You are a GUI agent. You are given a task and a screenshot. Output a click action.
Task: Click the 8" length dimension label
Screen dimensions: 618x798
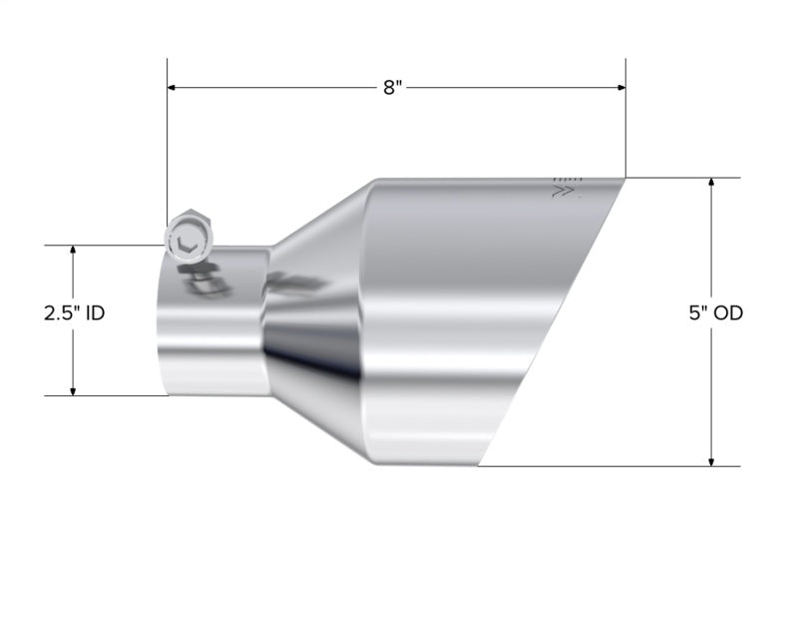click(x=392, y=88)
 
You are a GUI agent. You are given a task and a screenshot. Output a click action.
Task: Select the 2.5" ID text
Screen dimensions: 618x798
click(x=74, y=312)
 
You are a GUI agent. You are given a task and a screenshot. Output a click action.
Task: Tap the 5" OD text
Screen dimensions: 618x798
click(x=715, y=312)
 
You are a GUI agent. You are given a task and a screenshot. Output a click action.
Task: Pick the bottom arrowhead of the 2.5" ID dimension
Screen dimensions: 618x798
click(x=73, y=389)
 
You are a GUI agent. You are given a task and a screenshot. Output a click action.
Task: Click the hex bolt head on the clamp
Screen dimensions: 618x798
click(x=187, y=236)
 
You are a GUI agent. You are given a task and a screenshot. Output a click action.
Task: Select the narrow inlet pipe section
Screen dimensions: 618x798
click(x=214, y=329)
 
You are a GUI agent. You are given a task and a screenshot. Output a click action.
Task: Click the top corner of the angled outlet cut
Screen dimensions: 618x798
click(x=624, y=180)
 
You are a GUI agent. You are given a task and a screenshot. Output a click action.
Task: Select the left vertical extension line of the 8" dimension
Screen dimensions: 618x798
click(x=167, y=140)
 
